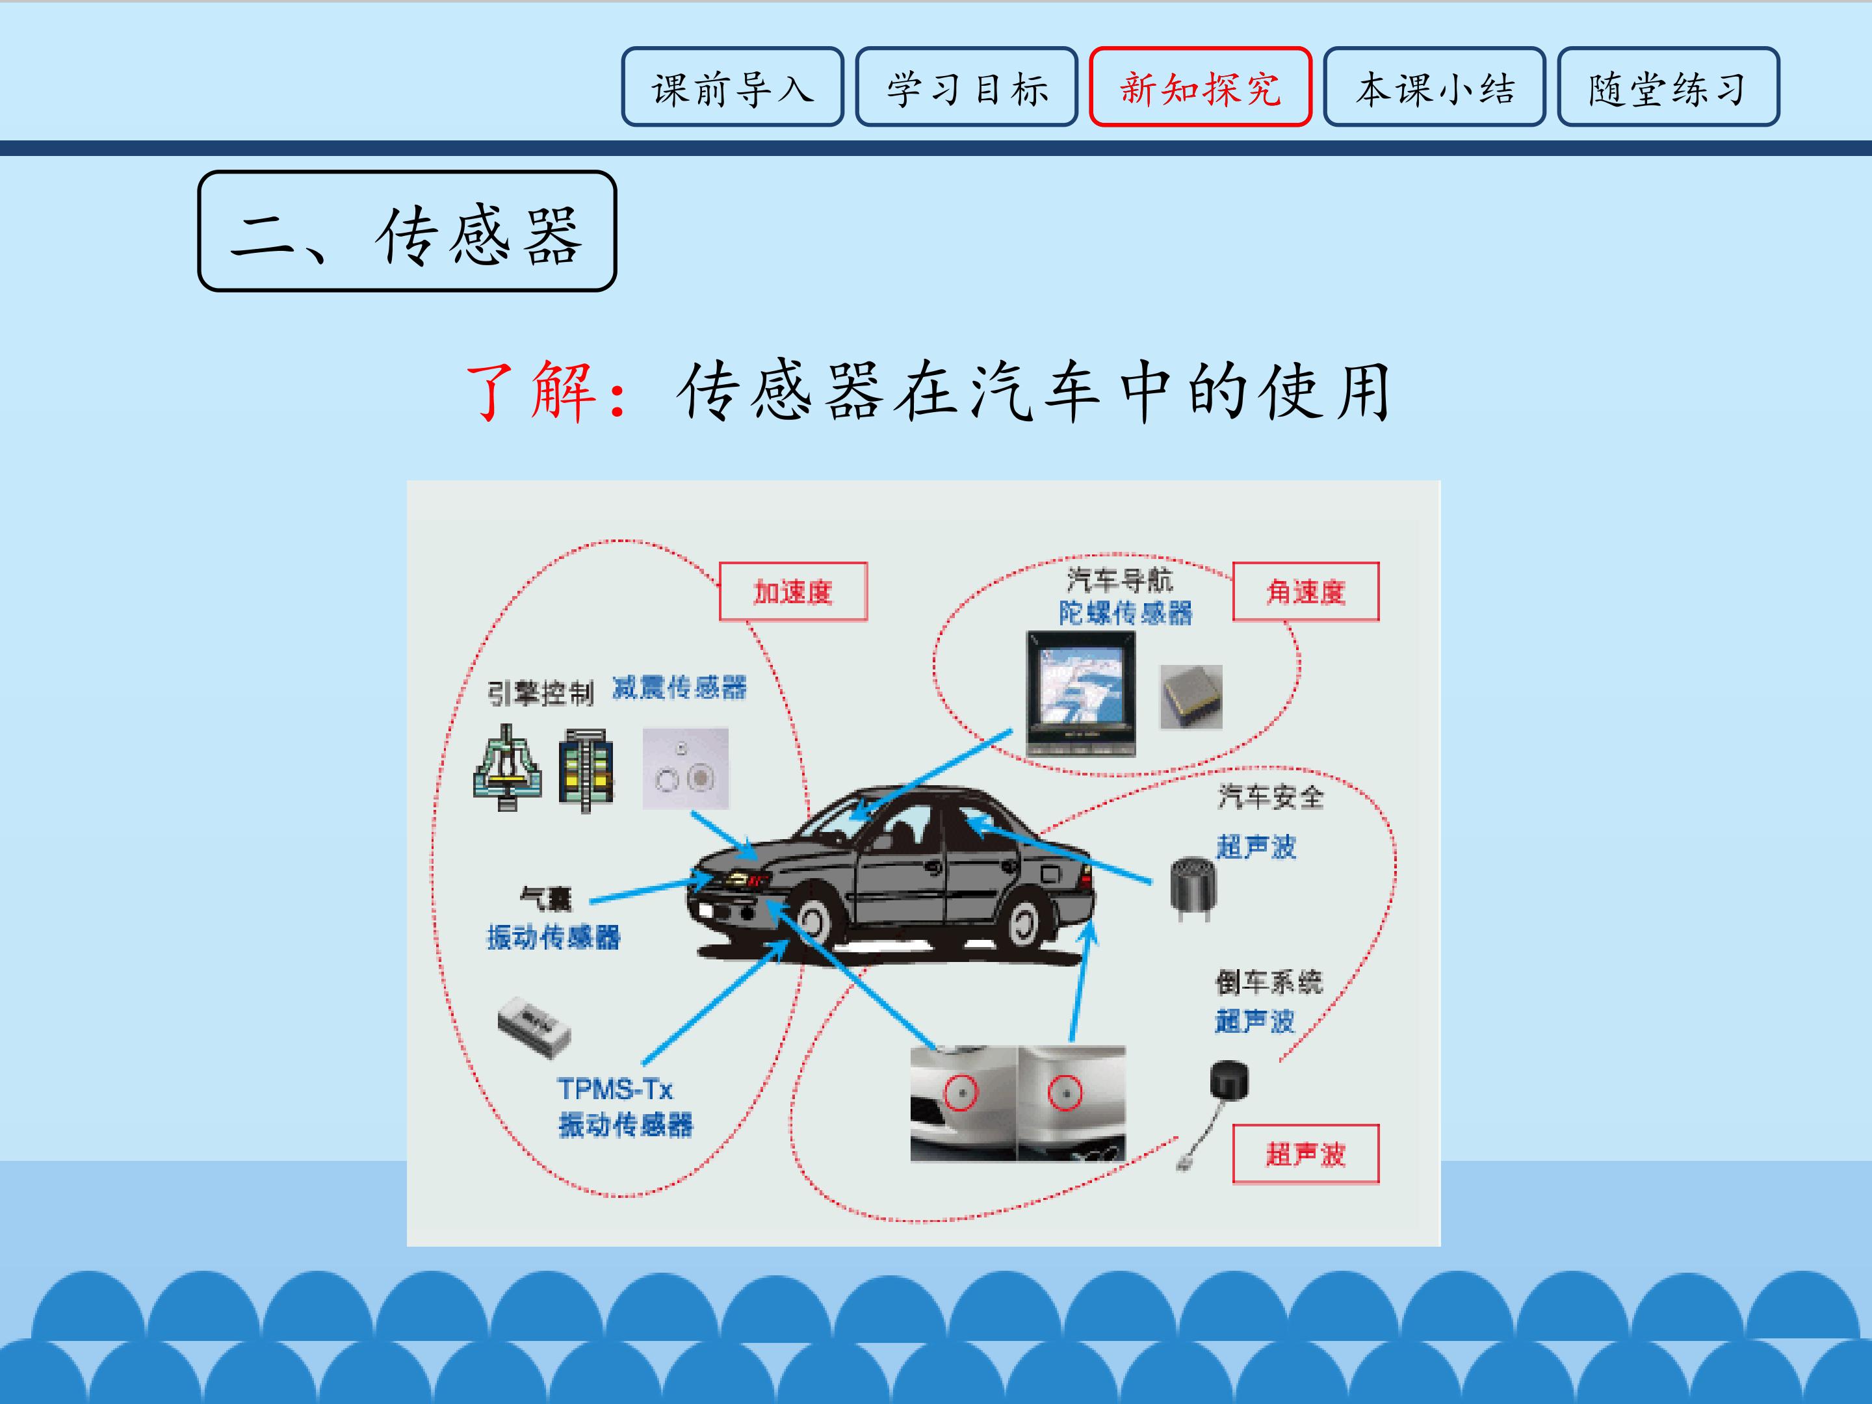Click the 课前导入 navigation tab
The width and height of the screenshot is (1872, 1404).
[x=732, y=86]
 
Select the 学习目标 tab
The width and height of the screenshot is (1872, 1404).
[x=967, y=86]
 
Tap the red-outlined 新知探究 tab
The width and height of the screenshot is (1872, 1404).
[x=1200, y=86]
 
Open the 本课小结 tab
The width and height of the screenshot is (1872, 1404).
[x=1435, y=86]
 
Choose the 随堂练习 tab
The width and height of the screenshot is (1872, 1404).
[x=1668, y=86]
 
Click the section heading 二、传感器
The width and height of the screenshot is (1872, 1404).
[x=407, y=231]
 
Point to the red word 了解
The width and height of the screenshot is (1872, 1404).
[x=532, y=392]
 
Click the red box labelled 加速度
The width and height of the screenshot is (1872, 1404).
[x=793, y=591]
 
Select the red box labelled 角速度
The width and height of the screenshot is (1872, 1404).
[x=1306, y=591]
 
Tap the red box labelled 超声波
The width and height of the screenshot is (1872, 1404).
[x=1306, y=1154]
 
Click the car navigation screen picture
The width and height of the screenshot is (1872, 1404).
[x=1081, y=693]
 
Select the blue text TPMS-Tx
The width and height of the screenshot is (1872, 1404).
[x=616, y=1088]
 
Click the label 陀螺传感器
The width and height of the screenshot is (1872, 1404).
[x=1126, y=613]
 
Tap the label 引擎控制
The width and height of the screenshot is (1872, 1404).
[x=540, y=693]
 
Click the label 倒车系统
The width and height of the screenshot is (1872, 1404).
[x=1269, y=981]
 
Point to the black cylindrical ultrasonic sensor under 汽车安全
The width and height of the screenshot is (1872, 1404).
[x=1193, y=888]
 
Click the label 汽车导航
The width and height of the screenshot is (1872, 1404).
[x=1120, y=580]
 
